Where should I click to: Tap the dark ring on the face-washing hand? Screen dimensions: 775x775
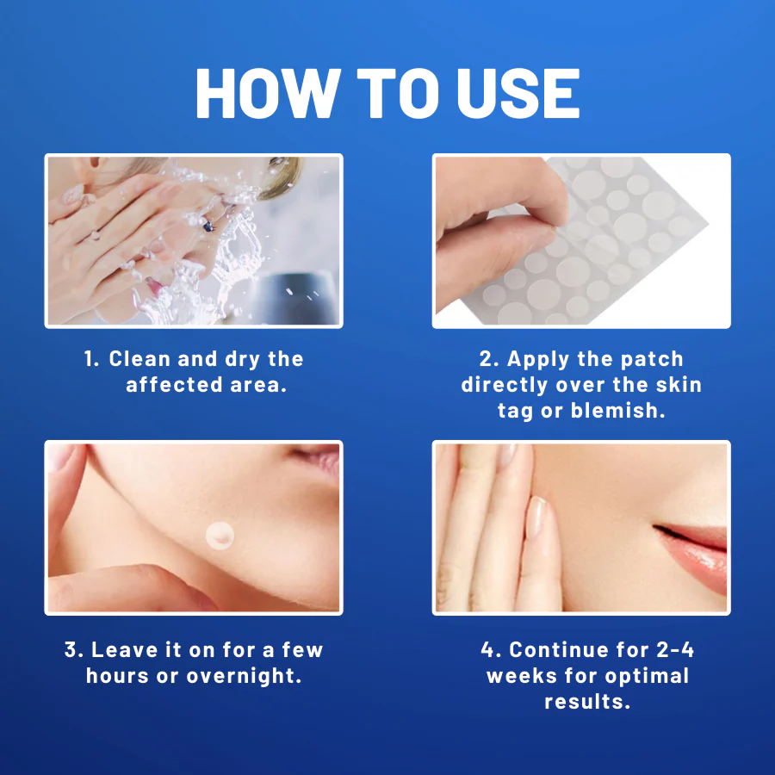click(x=208, y=226)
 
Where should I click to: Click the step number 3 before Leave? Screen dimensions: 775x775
click(x=71, y=649)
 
